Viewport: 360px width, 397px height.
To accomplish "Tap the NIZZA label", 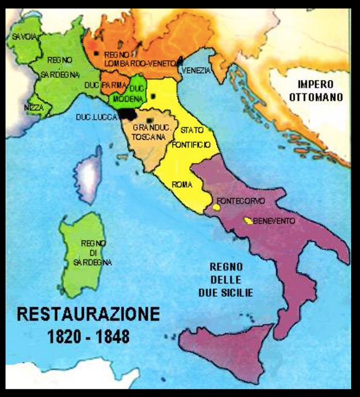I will click(34, 107).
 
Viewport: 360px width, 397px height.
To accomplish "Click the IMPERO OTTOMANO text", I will click(315, 91).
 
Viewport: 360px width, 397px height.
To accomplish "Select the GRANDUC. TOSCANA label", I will click(149, 132).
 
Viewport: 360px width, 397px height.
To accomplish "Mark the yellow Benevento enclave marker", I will click(248, 220).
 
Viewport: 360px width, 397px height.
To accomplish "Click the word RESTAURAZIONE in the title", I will click(88, 314).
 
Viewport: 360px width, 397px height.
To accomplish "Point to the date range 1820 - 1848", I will click(88, 336).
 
